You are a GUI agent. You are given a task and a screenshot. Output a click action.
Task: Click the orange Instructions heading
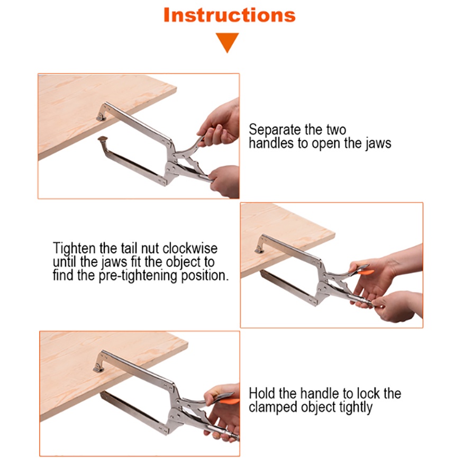click(230, 15)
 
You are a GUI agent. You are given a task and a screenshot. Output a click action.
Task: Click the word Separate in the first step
click(275, 130)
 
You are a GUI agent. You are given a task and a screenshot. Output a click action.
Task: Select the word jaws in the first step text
click(378, 143)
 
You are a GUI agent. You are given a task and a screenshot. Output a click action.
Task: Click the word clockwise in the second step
click(190, 248)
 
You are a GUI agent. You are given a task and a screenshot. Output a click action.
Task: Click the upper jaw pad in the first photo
click(101, 117)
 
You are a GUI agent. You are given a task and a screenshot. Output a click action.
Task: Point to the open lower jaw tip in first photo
click(103, 139)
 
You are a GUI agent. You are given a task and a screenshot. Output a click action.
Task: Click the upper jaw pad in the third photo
click(98, 369)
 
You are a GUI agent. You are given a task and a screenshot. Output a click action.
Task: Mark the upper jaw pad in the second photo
click(260, 250)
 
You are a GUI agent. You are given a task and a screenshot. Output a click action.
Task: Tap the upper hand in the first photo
click(220, 124)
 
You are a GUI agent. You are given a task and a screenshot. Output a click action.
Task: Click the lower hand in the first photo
click(224, 181)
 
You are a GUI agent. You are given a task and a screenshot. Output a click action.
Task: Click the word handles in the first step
click(271, 143)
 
